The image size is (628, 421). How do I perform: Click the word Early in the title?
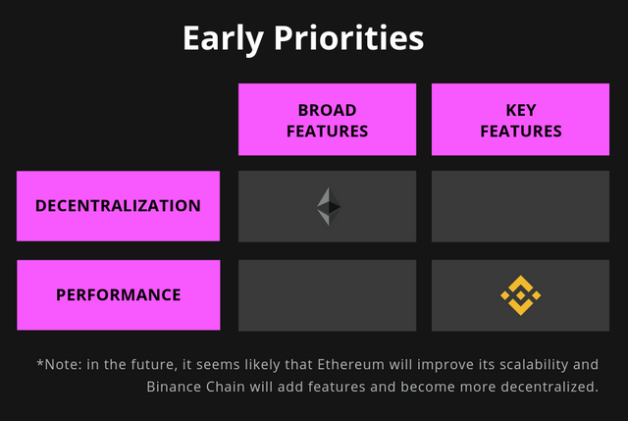click(x=223, y=39)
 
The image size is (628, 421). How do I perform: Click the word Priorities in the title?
click(x=349, y=37)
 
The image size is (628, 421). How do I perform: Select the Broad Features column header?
click(x=327, y=120)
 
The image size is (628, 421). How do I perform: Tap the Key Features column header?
click(x=521, y=120)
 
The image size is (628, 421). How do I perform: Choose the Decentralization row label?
click(x=118, y=206)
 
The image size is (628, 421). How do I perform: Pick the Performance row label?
click(x=119, y=294)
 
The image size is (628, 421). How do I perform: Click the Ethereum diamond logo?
click(x=329, y=206)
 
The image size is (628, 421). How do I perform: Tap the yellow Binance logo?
click(x=521, y=295)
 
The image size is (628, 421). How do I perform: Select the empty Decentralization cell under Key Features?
click(x=521, y=206)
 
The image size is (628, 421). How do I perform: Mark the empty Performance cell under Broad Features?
click(x=327, y=295)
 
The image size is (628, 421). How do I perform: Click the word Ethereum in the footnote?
click(x=351, y=364)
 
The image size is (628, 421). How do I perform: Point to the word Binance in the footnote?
click(x=174, y=387)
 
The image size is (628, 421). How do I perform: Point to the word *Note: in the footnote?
click(x=59, y=364)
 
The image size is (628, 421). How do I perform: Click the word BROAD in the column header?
click(x=327, y=110)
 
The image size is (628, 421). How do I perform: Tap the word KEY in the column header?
click(x=521, y=110)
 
